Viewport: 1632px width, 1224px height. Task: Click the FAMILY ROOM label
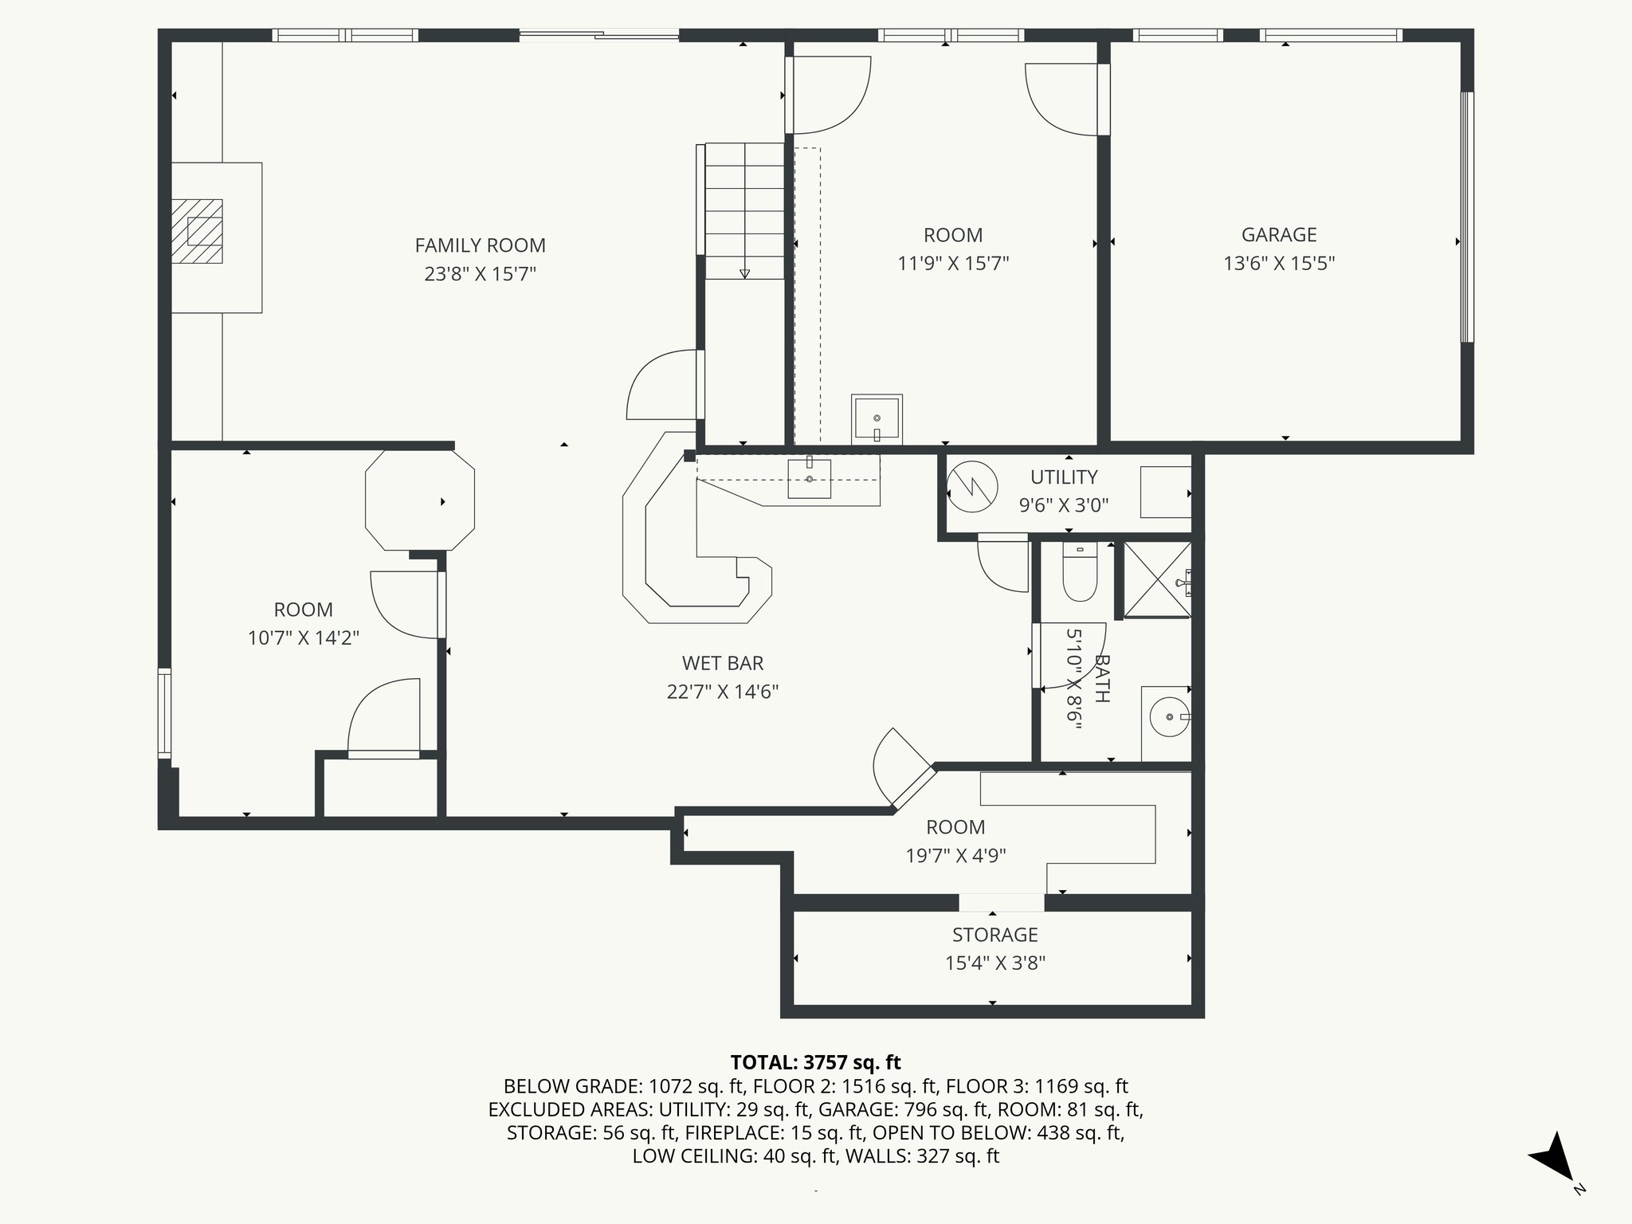[480, 245]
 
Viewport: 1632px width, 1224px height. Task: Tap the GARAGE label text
[1279, 234]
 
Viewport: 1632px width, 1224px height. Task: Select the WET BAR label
[723, 663]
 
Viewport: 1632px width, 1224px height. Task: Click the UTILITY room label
[1064, 477]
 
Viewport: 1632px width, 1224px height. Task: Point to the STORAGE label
[995, 934]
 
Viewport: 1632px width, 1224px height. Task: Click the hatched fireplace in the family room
[198, 231]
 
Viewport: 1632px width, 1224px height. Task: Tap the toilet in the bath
[1080, 571]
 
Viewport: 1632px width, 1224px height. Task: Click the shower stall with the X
[1157, 580]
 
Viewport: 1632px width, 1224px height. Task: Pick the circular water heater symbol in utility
[972, 487]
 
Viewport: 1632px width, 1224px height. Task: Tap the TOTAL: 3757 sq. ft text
[815, 1062]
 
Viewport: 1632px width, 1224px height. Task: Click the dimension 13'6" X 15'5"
[1279, 263]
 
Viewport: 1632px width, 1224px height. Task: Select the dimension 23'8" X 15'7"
[480, 274]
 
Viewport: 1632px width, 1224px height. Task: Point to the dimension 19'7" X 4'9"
[955, 856]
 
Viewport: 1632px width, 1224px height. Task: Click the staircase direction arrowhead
[744, 273]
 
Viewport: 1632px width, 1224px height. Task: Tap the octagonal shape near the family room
[420, 500]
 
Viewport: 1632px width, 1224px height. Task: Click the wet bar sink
[810, 478]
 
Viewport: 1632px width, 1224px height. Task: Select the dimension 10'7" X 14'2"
[304, 637]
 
